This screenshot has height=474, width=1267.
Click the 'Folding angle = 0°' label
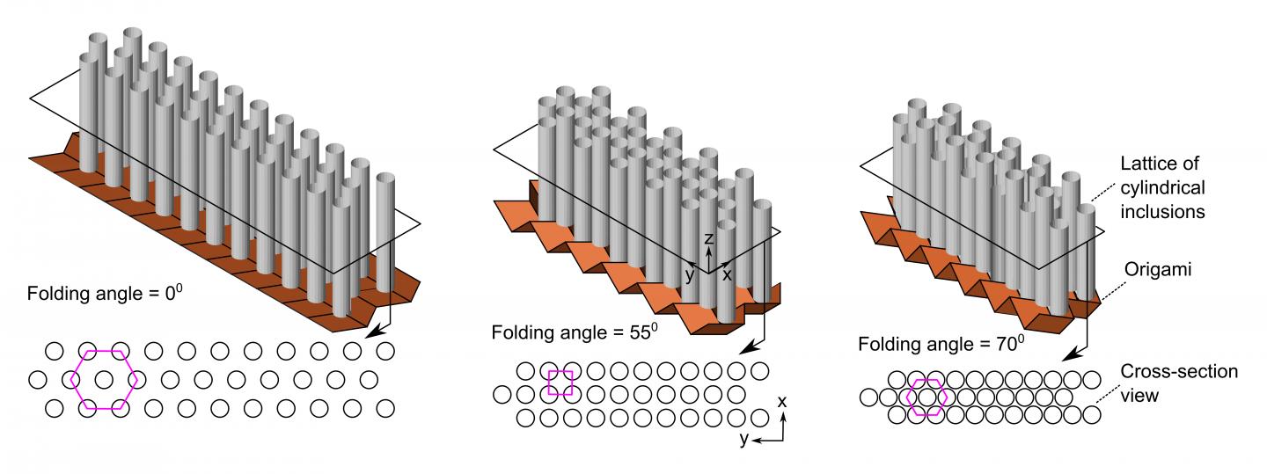point(105,293)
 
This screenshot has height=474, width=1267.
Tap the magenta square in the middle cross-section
point(560,383)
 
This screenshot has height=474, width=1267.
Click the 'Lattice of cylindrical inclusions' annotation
point(1162,187)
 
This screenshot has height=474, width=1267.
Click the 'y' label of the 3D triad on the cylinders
point(691,274)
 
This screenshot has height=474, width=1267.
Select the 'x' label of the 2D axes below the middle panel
point(782,402)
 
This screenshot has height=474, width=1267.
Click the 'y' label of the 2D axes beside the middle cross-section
point(743,440)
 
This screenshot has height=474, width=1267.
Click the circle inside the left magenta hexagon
point(104,380)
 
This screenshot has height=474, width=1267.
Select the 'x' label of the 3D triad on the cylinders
point(727,274)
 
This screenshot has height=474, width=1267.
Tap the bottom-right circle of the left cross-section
point(384,408)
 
